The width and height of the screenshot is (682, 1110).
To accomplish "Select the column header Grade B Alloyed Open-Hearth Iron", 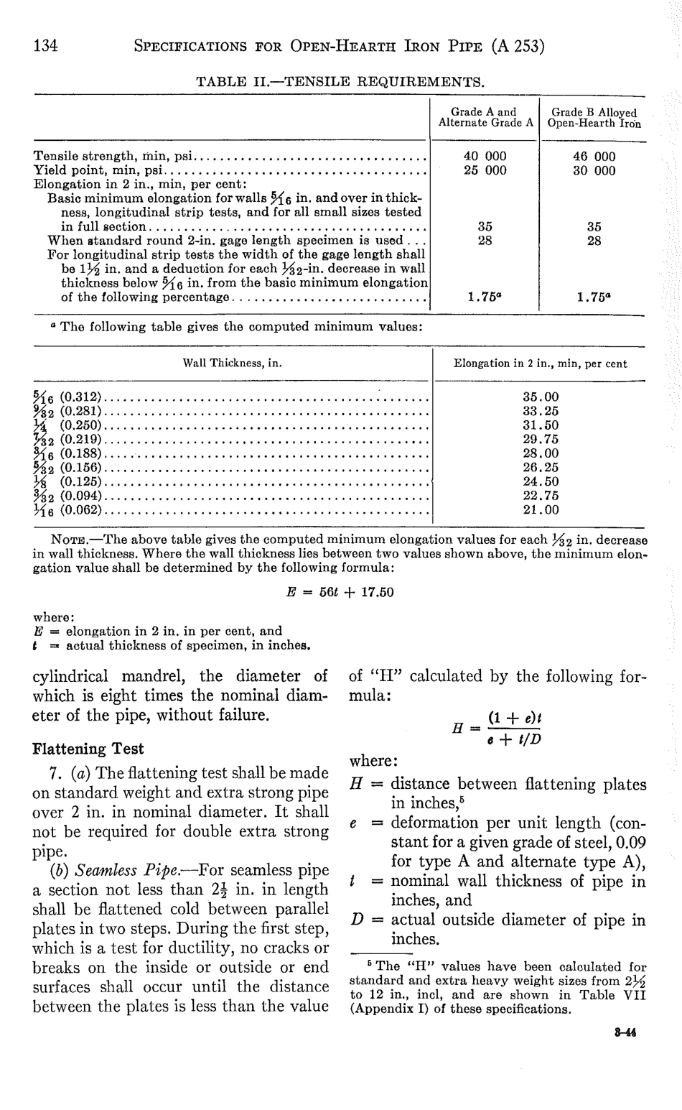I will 594,118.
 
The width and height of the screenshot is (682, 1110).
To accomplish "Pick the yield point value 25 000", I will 485,170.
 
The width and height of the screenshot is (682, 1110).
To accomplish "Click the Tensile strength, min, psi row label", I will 115,156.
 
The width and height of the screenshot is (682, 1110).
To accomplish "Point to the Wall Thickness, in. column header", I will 232,364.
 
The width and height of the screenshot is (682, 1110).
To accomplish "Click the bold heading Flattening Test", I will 88,749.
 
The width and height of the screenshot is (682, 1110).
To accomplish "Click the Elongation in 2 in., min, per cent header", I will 540,364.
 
